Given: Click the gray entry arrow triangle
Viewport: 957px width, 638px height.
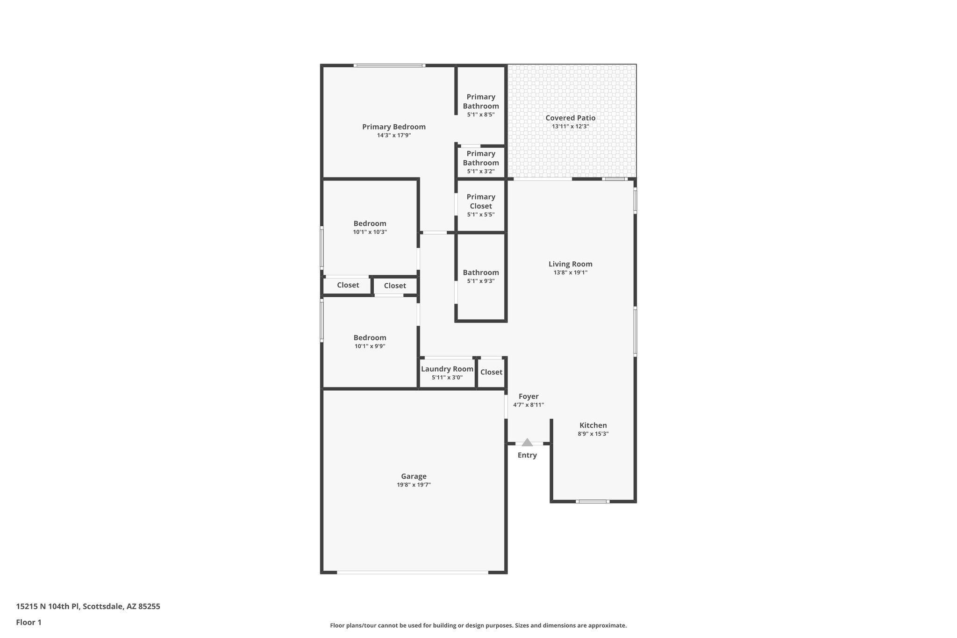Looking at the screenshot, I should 527,442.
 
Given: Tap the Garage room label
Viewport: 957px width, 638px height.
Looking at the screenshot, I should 414,476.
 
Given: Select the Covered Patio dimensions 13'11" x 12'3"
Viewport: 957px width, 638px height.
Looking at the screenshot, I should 570,126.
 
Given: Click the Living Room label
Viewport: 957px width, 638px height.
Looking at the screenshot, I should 570,264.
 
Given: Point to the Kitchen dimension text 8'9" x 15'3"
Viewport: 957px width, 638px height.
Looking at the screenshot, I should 593,434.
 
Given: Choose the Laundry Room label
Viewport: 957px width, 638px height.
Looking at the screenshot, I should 447,369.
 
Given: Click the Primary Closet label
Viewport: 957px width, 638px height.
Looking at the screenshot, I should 481,201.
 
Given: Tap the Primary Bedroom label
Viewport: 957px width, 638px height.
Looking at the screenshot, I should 394,127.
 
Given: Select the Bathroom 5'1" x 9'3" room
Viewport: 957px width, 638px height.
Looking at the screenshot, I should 481,276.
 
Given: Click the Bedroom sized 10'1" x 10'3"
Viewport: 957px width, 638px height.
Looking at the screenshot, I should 370,227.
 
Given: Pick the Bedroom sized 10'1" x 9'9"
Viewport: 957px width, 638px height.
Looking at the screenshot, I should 370,341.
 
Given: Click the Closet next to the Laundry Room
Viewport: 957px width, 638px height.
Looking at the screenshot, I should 491,372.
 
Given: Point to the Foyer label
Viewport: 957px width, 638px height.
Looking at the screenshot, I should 528,396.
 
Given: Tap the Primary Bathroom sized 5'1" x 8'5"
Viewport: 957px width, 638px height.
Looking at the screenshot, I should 481,105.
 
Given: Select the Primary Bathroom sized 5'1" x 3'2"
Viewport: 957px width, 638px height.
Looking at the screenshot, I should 481,162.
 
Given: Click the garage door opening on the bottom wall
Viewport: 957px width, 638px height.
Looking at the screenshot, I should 413,572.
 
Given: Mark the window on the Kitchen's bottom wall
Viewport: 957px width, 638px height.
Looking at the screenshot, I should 593,502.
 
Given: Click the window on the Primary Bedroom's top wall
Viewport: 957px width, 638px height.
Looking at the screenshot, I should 389,65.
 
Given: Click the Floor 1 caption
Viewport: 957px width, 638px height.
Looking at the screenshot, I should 29,622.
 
